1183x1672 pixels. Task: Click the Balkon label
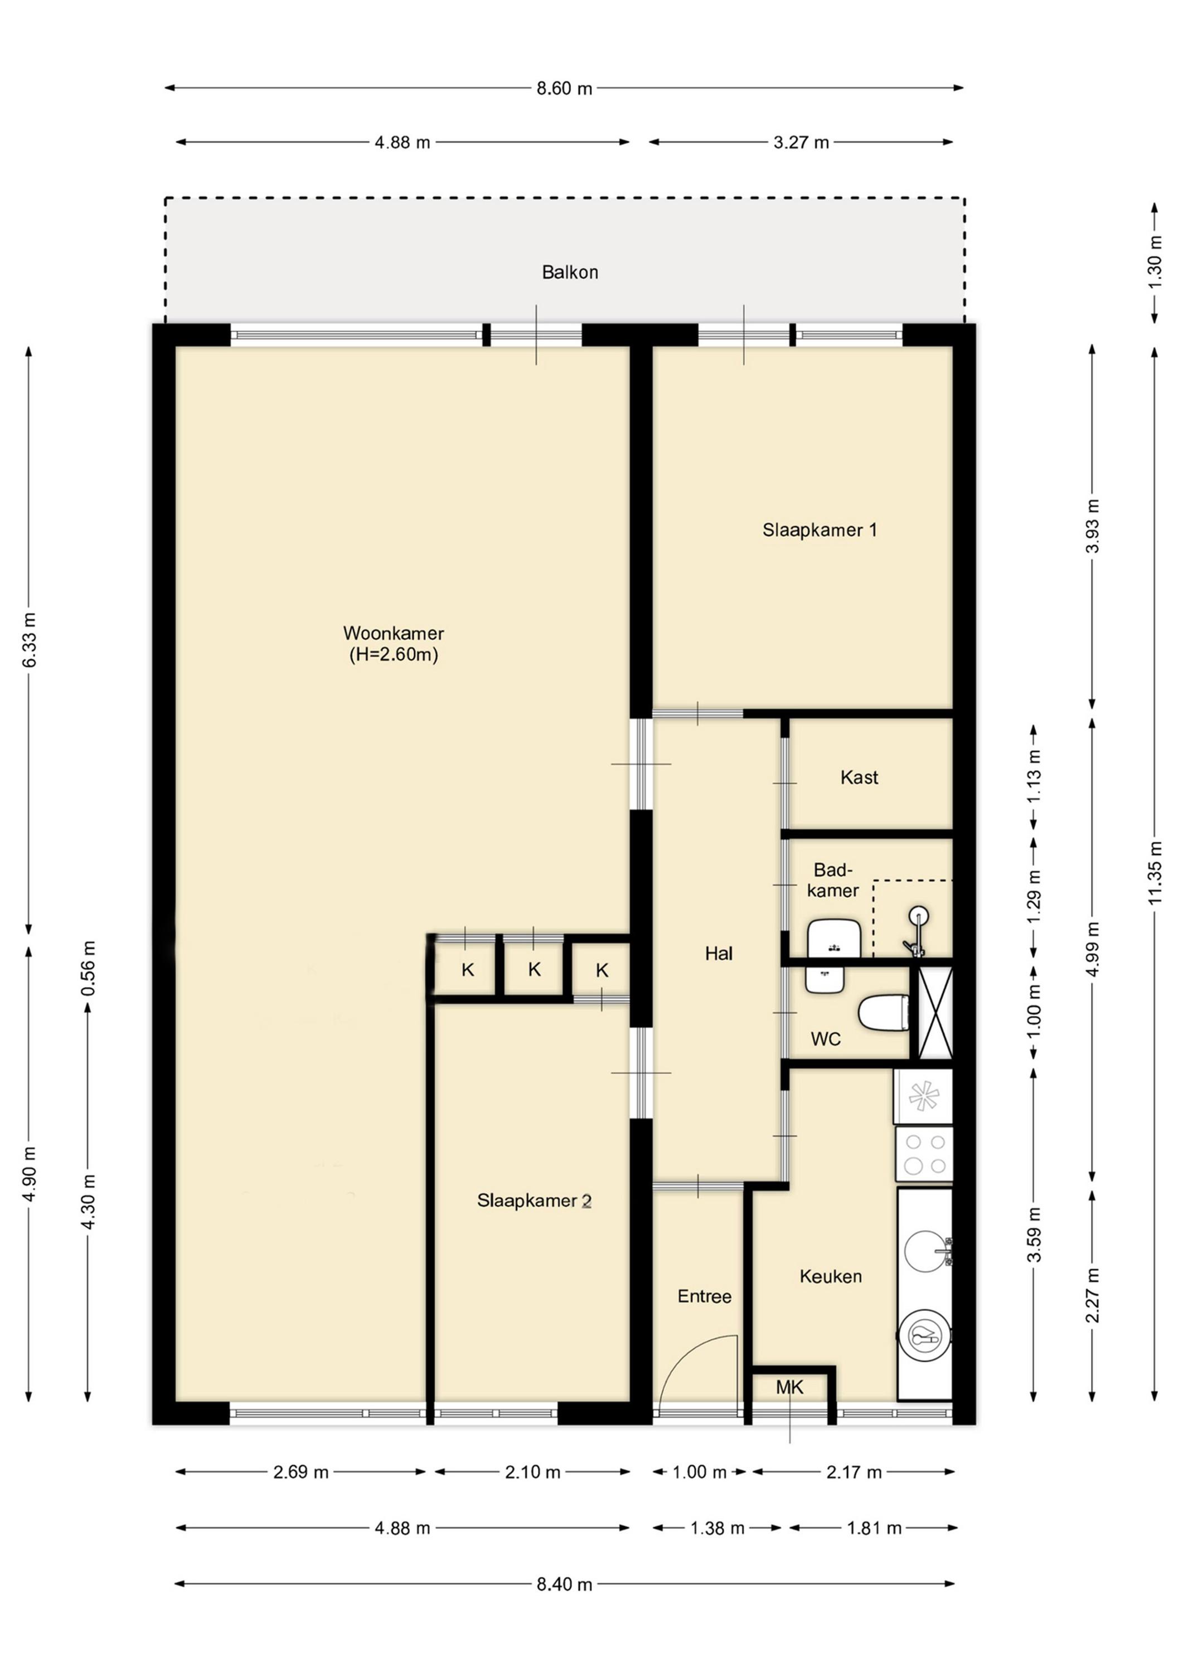point(570,273)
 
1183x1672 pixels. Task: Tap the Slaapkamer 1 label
point(820,530)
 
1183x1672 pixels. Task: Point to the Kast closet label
point(859,777)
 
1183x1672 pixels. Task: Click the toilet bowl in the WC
point(884,1013)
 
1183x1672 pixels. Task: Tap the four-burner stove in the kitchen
point(924,1154)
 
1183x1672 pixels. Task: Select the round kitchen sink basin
point(927,1251)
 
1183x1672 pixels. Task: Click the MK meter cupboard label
point(789,1387)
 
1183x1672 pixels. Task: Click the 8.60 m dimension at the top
point(565,88)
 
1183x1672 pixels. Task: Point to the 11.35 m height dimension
point(1155,873)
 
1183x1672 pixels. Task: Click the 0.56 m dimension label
point(88,969)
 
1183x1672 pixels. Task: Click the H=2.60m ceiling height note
point(394,655)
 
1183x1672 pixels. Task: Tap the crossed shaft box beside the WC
point(935,1013)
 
